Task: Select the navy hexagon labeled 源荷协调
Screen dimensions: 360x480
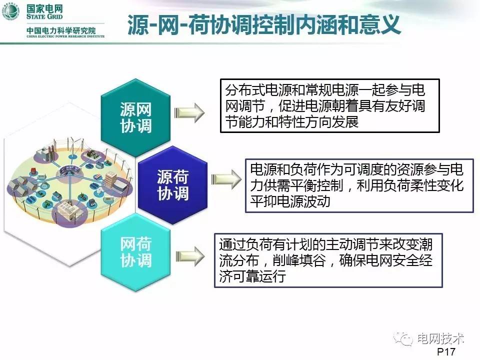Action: (173, 185)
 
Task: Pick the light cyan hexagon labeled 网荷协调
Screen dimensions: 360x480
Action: (135, 252)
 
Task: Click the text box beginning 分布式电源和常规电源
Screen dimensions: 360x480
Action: (329, 105)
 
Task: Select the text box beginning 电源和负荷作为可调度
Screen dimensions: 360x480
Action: (359, 184)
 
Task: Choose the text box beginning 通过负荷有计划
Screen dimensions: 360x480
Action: (328, 260)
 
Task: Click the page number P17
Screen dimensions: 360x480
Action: (446, 352)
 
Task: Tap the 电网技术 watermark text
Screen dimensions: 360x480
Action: (440, 338)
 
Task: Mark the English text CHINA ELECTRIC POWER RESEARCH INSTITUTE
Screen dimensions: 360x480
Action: (65, 36)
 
